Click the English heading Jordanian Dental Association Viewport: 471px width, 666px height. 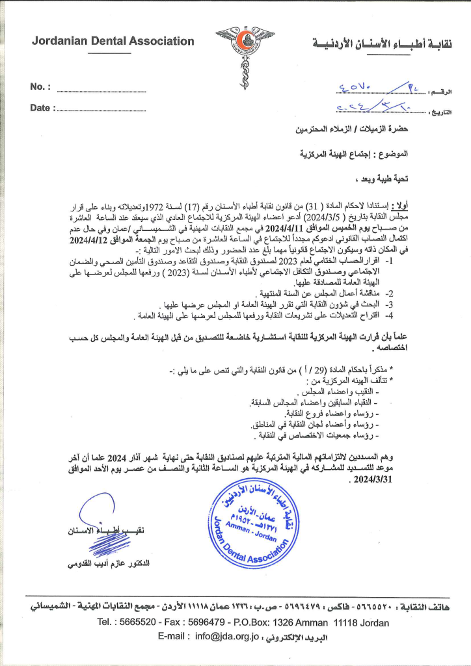pyautogui.click(x=113, y=41)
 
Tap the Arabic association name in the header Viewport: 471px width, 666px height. pyautogui.click(x=383, y=44)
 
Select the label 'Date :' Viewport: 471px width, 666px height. pyautogui.click(x=42, y=108)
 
